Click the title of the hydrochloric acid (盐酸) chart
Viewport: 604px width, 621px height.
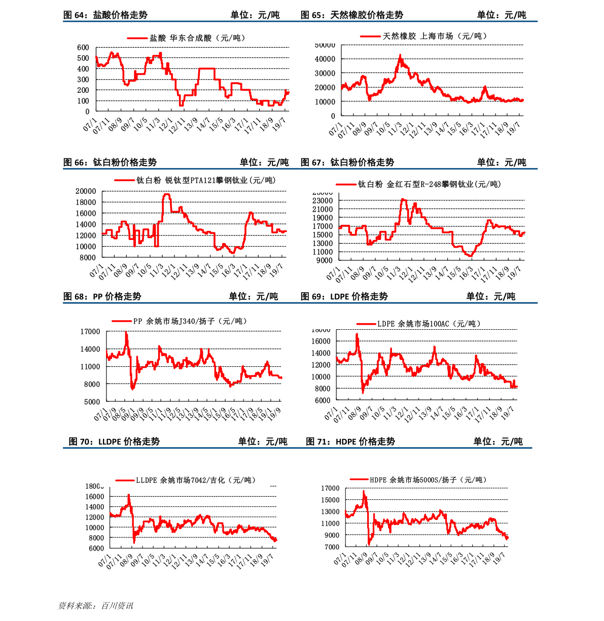point(197,38)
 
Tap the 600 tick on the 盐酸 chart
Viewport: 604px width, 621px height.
point(83,48)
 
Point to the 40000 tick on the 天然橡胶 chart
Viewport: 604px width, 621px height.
point(325,59)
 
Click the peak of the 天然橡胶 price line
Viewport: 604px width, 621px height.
point(400,55)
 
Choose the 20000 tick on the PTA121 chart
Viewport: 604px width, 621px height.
point(86,191)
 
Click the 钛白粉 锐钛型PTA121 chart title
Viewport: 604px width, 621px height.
point(206,180)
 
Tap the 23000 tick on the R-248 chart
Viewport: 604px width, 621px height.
point(323,201)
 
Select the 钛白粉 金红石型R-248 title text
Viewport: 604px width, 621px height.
point(429,184)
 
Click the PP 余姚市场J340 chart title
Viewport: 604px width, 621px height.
point(190,321)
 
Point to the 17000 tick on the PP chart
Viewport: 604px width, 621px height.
point(90,332)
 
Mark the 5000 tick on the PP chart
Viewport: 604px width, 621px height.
point(92,402)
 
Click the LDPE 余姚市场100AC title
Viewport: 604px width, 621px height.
point(429,324)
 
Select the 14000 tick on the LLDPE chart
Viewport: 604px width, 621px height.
point(94,507)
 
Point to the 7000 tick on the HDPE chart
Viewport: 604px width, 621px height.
point(332,547)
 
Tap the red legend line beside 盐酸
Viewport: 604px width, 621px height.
point(137,38)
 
